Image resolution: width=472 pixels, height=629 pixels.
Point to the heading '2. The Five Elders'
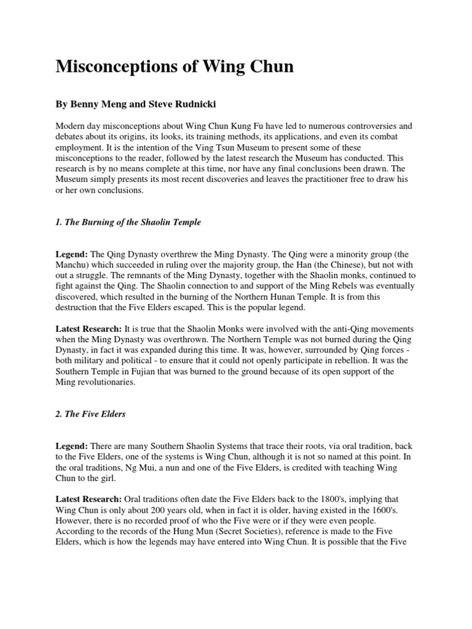point(90,413)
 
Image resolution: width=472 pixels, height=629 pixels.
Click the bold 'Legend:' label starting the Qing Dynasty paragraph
point(72,254)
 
